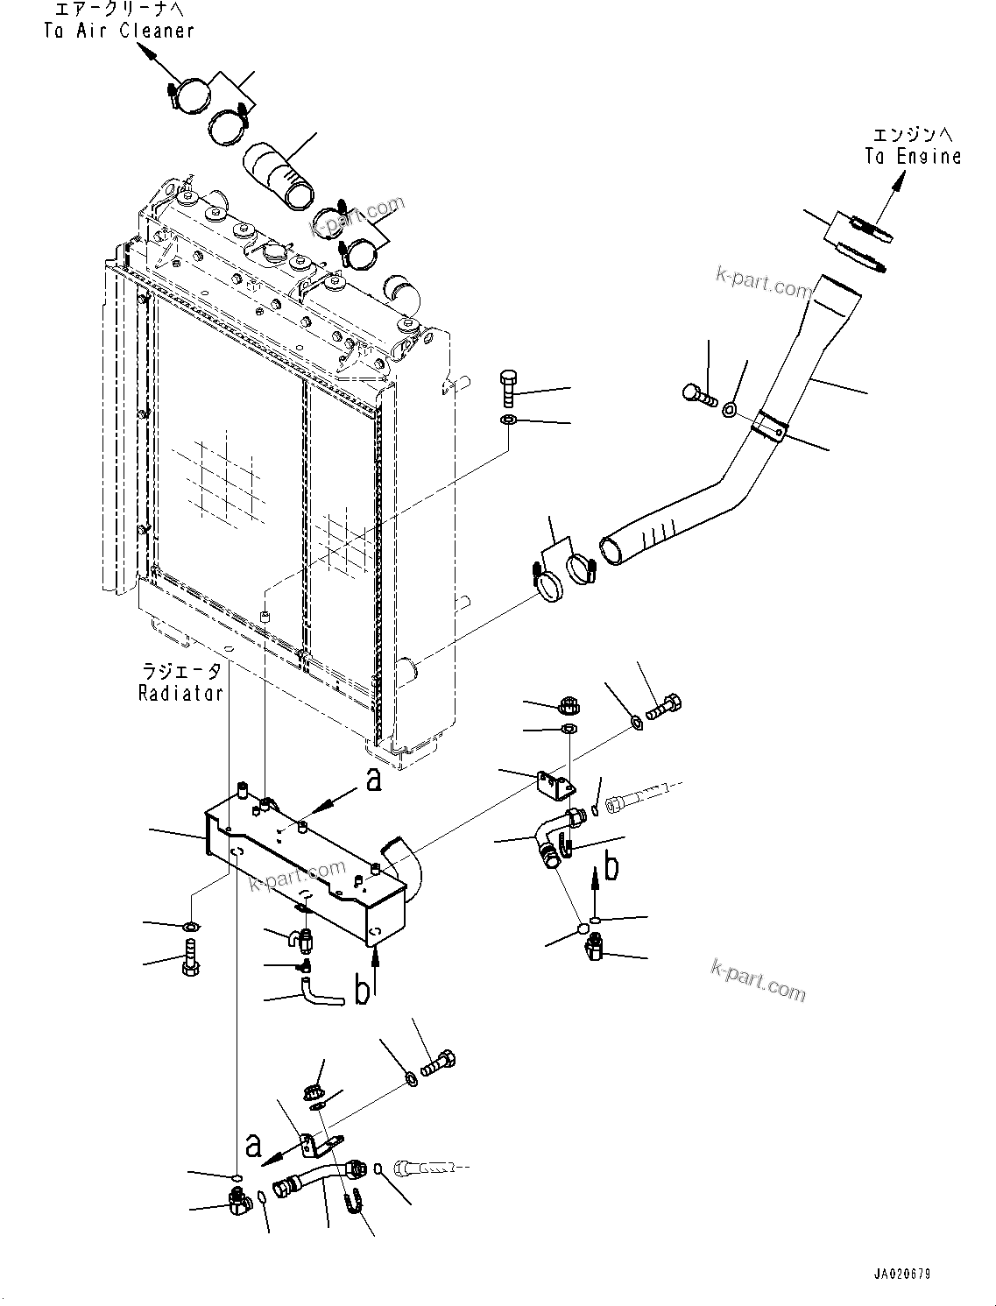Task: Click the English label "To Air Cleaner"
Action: (x=118, y=31)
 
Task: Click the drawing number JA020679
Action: (x=902, y=1274)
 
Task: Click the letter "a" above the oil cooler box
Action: (x=374, y=780)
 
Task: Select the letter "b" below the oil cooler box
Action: (x=361, y=992)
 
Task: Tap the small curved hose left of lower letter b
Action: (x=320, y=994)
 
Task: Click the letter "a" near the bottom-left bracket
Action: (x=253, y=1145)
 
